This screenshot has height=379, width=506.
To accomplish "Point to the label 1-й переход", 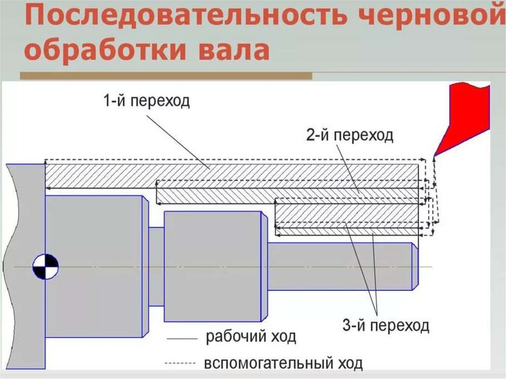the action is click(146, 102).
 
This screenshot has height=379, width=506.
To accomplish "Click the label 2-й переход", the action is click(349, 135).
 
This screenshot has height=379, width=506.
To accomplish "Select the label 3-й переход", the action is click(385, 326).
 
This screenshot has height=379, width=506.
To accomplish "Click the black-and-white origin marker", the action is click(45, 267).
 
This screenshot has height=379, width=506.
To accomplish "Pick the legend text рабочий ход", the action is click(251, 338).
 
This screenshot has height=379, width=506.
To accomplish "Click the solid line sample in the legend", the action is click(182, 339).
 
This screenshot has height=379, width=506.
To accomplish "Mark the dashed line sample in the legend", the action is click(182, 364).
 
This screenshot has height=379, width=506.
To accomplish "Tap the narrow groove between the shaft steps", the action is click(156, 267).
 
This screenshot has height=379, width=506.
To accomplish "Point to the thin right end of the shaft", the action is click(341, 267).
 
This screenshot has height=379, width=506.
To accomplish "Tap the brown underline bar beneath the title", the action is click(166, 76).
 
